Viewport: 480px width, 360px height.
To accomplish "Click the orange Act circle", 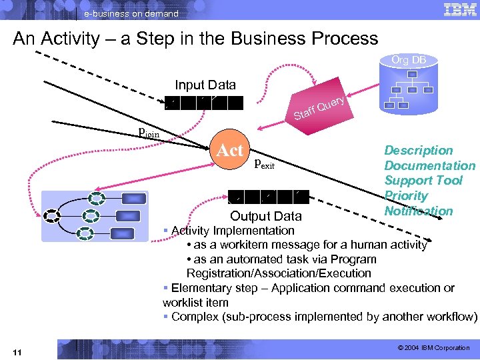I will (x=230, y=150).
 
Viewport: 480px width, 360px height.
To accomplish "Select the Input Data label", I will (x=205, y=85).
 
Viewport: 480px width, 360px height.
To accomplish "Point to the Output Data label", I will (x=265, y=216).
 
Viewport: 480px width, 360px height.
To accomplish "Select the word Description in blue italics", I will (x=418, y=151).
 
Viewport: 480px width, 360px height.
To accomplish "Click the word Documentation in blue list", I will (x=429, y=166).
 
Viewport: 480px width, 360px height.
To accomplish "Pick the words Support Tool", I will (x=423, y=181).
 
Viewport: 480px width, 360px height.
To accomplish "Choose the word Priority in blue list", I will (x=405, y=196).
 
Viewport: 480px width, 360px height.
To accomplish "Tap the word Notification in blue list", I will (x=418, y=211).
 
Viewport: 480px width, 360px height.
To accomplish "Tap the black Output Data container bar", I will (x=267, y=197).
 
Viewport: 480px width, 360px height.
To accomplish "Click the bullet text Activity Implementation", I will (x=232, y=231).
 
